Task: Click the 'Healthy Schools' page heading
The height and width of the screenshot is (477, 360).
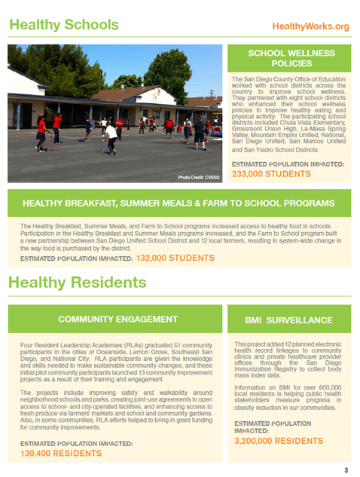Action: (63, 25)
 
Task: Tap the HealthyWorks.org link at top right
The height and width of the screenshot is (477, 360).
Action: (310, 26)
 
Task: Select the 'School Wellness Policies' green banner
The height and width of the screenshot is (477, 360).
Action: (290, 59)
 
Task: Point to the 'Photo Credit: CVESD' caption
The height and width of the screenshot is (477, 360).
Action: (199, 176)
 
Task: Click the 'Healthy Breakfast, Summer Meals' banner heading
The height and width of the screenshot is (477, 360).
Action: (178, 203)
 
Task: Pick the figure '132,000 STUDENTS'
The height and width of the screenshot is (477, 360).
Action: (175, 258)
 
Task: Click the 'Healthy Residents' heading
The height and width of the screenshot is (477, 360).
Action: (78, 283)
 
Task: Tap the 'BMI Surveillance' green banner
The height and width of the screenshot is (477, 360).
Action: (290, 320)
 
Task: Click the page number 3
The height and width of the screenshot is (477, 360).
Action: (346, 470)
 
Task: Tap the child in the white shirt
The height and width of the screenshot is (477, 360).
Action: (111, 136)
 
